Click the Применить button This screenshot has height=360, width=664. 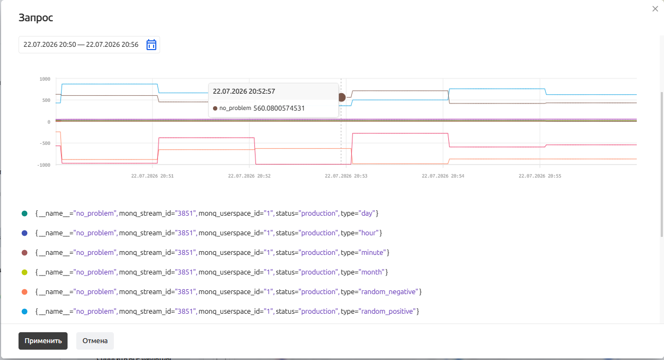tap(43, 341)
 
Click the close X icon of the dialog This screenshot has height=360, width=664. tap(655, 9)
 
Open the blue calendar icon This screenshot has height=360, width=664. tap(151, 45)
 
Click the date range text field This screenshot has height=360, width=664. tap(81, 45)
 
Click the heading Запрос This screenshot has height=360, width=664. tap(36, 18)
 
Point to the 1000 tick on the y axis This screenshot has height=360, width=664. tap(45, 79)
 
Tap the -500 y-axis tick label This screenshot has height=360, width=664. tap(45, 143)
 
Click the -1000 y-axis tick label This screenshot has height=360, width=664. tap(44, 165)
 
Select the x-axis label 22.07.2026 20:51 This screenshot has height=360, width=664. tap(153, 176)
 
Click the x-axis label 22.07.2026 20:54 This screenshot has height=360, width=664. tap(443, 176)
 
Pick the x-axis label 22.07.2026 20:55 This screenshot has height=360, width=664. tap(540, 176)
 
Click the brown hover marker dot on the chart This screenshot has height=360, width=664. tap(342, 97)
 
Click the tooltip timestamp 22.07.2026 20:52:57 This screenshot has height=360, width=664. tap(244, 91)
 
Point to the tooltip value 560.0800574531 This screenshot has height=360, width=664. tap(279, 108)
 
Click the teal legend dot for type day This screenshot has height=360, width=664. tap(25, 213)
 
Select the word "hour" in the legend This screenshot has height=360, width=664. tap(368, 233)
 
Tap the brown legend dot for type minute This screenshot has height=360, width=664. tap(25, 253)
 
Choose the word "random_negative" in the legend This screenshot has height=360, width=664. tap(388, 292)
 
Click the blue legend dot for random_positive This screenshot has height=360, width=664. tap(25, 312)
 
